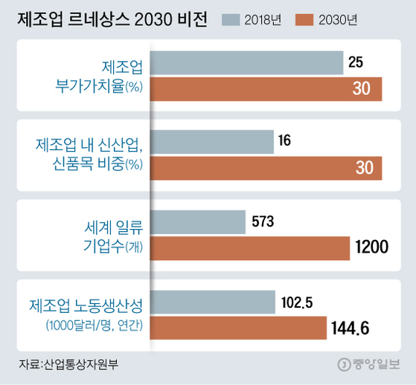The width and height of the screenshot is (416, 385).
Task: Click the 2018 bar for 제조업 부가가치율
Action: pos(247,63)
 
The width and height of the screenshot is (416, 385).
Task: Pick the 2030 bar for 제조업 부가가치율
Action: pos(266,89)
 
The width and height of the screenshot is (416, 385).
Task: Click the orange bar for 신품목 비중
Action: pos(266,168)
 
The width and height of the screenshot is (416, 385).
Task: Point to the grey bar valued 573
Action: pos(199,221)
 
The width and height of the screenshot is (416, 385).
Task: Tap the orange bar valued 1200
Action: pos(251,247)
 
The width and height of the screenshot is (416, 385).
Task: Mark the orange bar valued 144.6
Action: pos(239,327)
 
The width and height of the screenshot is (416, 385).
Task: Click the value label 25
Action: pos(356,63)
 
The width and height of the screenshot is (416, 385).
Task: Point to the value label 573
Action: pos(263,221)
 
